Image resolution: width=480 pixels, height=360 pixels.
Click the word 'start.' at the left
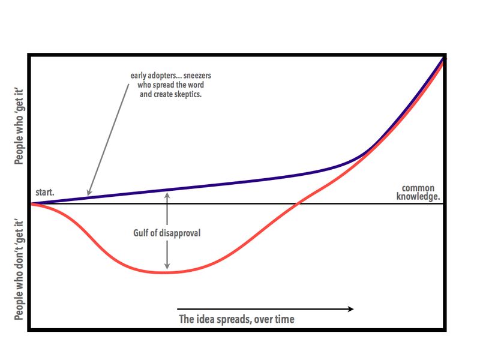(44, 193)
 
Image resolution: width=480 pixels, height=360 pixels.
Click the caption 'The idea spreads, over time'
(237, 319)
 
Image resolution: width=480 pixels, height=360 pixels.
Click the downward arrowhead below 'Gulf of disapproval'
(167, 266)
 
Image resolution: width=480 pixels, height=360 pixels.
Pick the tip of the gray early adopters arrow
(88, 193)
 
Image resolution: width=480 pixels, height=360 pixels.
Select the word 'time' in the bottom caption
(284, 319)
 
